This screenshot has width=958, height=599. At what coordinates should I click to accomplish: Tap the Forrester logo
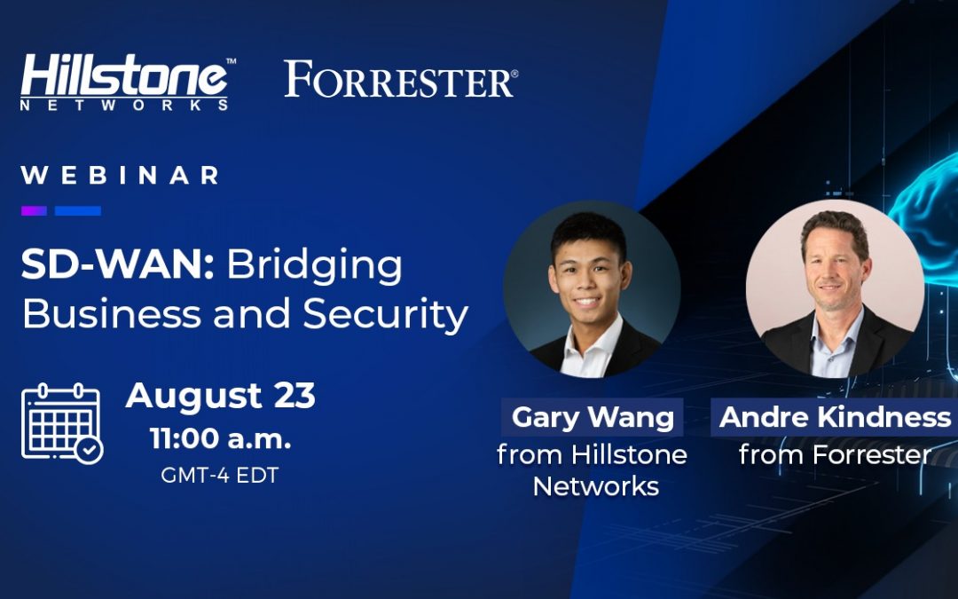click(x=401, y=80)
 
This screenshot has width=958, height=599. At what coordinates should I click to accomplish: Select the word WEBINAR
click(x=120, y=176)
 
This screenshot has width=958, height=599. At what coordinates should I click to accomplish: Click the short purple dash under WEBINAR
click(x=35, y=211)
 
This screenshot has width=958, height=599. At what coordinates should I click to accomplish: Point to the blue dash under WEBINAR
click(x=77, y=211)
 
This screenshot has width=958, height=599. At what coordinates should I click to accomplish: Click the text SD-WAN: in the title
click(x=117, y=264)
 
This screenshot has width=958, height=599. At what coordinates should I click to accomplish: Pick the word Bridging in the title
click(x=315, y=267)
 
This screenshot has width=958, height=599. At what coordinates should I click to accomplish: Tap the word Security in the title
click(x=386, y=315)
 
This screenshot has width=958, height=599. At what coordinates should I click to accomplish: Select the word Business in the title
click(x=112, y=313)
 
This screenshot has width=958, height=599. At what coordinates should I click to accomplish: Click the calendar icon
click(x=62, y=423)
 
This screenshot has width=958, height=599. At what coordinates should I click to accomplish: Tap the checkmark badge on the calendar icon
click(x=90, y=451)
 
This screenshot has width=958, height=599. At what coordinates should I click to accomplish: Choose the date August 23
click(x=221, y=396)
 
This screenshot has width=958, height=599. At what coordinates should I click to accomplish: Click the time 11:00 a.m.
click(x=221, y=438)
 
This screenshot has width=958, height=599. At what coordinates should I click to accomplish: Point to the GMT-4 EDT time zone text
click(x=220, y=475)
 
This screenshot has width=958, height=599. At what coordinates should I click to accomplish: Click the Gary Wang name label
click(x=593, y=417)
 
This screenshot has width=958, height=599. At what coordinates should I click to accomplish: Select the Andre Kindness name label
click(x=835, y=417)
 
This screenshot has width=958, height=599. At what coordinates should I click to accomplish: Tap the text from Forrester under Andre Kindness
click(x=835, y=454)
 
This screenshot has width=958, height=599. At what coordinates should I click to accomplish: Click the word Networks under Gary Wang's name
click(x=596, y=486)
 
